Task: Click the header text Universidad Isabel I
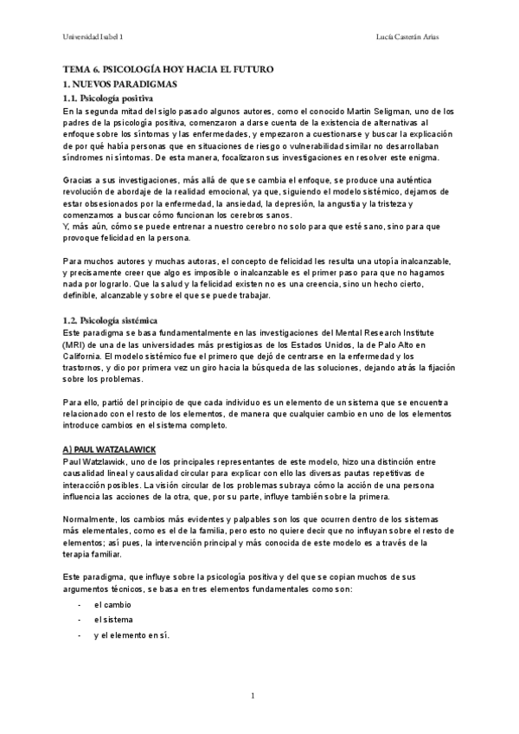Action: (93, 37)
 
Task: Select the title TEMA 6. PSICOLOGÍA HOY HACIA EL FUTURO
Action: (169, 68)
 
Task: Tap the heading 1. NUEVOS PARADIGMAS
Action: (120, 85)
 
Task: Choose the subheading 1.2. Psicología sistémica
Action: (111, 320)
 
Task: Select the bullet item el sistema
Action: (113, 620)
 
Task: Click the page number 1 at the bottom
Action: (252, 695)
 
